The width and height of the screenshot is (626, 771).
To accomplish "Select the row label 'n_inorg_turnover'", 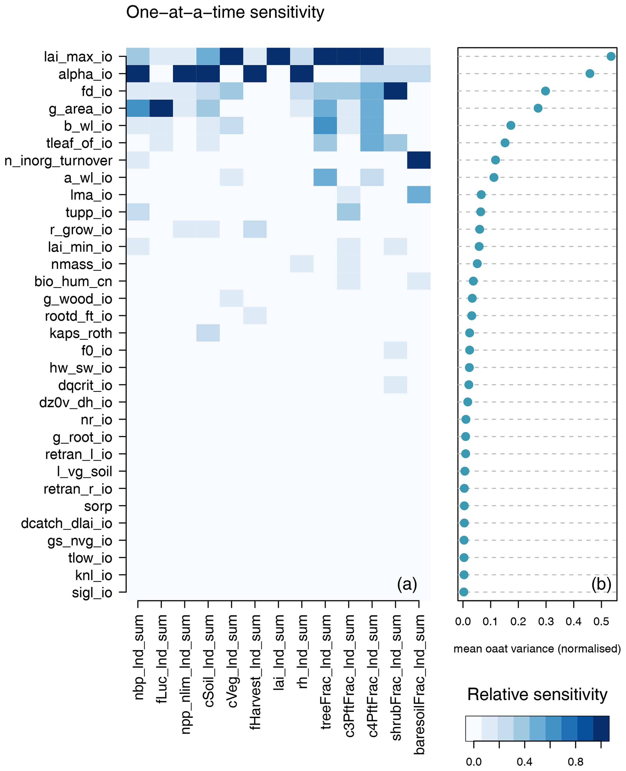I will pos(58,161).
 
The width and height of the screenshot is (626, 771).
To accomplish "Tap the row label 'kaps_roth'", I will pos(81,333).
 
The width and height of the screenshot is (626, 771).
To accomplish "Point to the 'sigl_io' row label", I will pos(92,593).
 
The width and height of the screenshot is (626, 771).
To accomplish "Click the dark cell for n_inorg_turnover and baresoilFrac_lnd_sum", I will pos(419,160).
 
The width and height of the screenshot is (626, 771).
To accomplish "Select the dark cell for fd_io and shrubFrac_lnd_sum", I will pos(395,91).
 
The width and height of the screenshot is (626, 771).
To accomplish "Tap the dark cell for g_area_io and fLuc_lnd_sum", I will pos(161,108).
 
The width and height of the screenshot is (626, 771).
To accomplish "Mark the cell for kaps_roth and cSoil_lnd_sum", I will pos(208,333).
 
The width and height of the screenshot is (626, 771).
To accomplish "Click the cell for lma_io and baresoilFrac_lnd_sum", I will pos(419,195).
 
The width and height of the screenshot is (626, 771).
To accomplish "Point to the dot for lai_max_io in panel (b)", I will pos(611,56).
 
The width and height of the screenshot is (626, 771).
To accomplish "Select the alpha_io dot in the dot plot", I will pos(590,74).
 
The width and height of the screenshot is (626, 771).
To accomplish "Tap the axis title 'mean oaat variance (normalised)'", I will pos(537,649).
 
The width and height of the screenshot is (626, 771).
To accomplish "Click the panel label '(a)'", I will pos(407,584).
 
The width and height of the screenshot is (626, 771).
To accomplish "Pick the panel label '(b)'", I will pos(601,584).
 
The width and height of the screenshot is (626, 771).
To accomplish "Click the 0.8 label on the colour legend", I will pos(575,762).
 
